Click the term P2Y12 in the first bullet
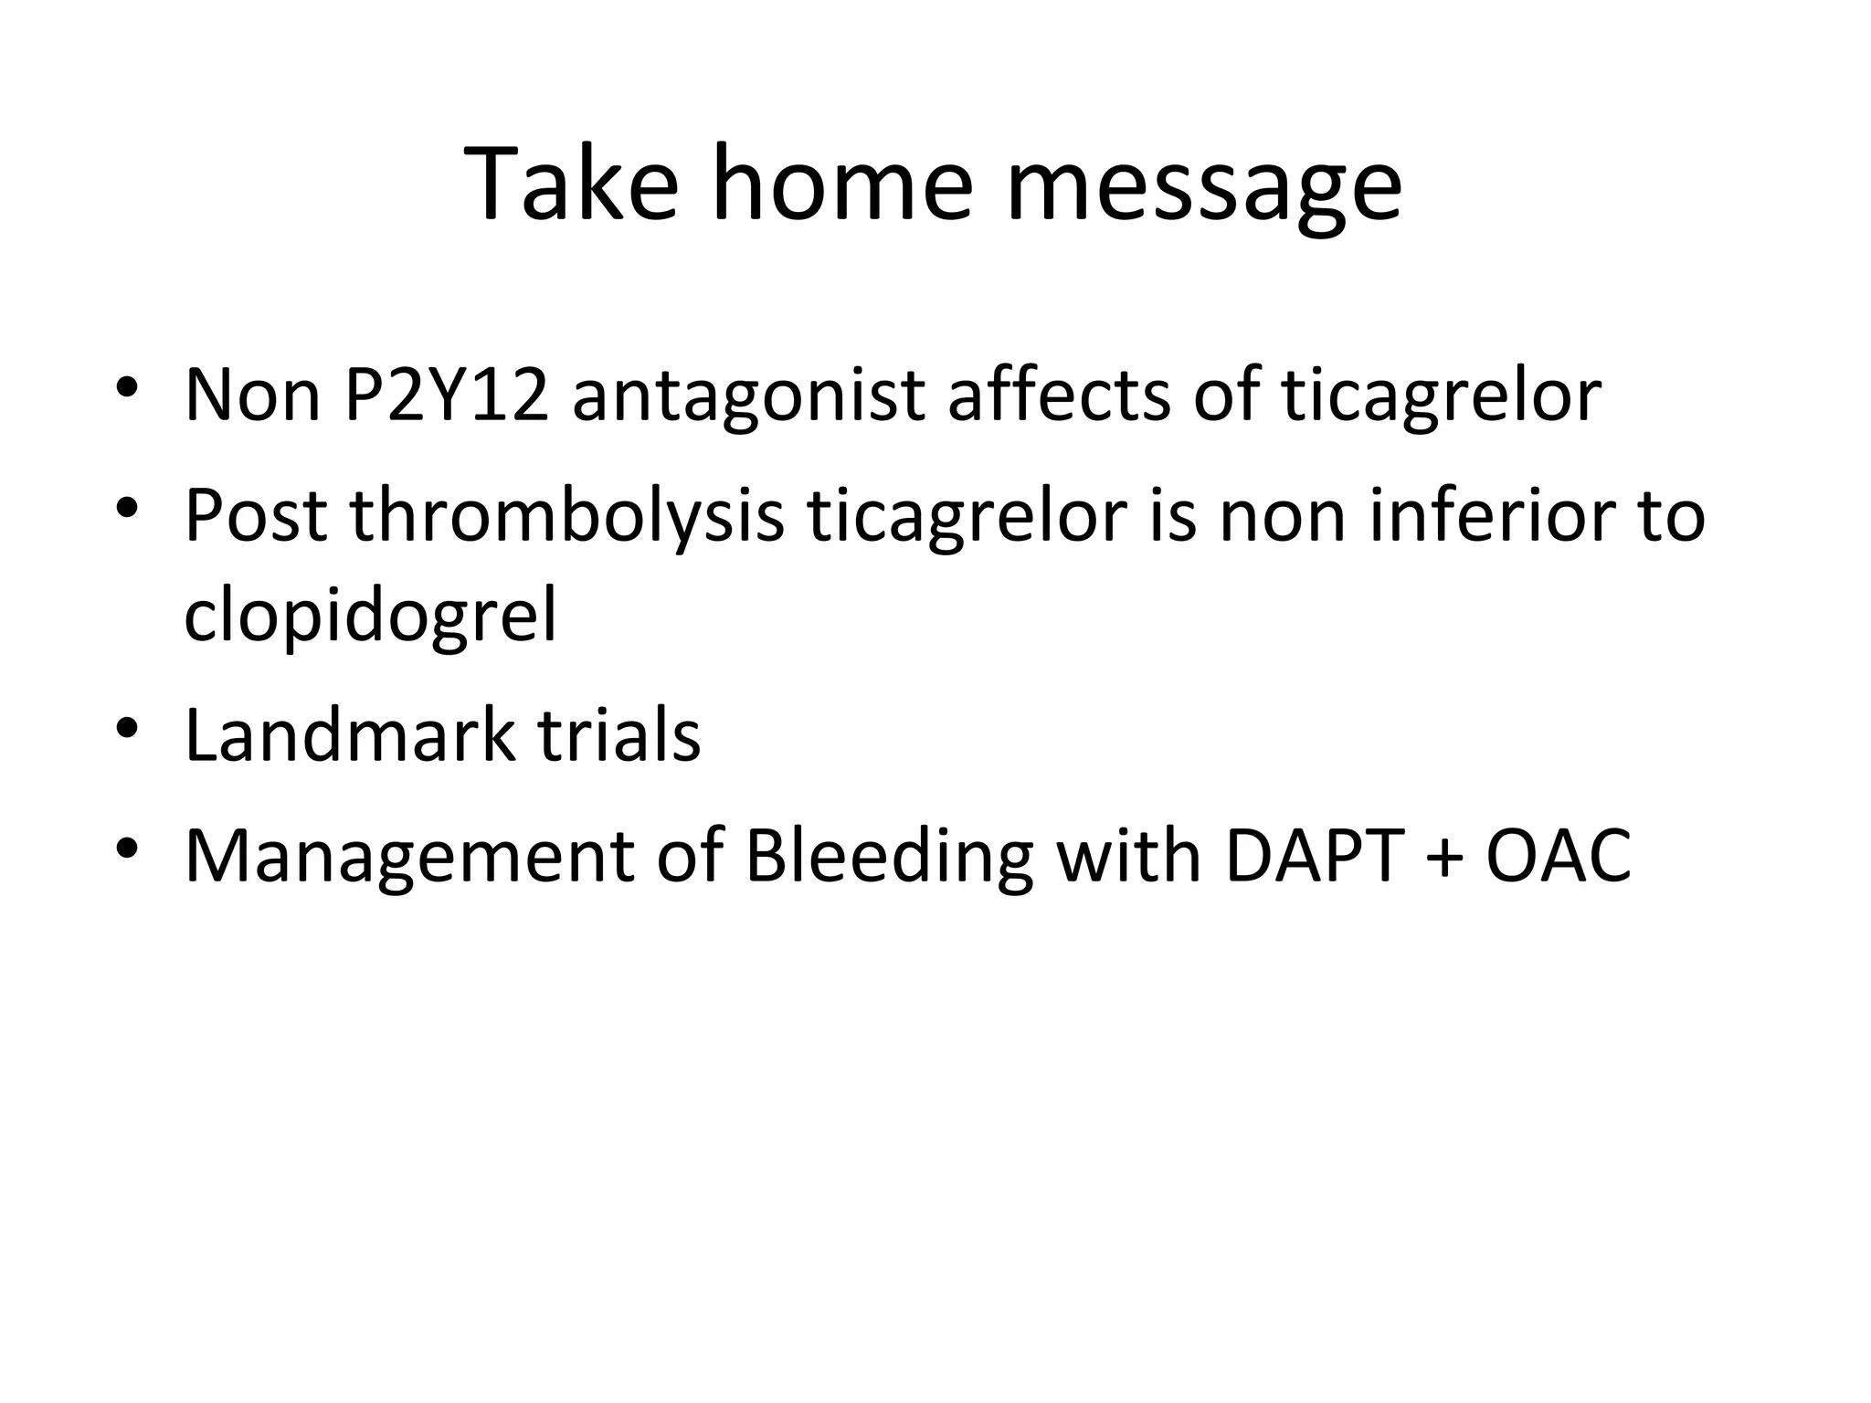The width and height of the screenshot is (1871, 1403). click(x=447, y=395)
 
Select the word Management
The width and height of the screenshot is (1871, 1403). click(x=409, y=859)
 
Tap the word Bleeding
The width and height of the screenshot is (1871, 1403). click(x=889, y=859)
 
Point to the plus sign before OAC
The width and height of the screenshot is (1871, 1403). click(x=1444, y=859)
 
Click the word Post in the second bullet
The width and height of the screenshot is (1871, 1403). click(x=256, y=515)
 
